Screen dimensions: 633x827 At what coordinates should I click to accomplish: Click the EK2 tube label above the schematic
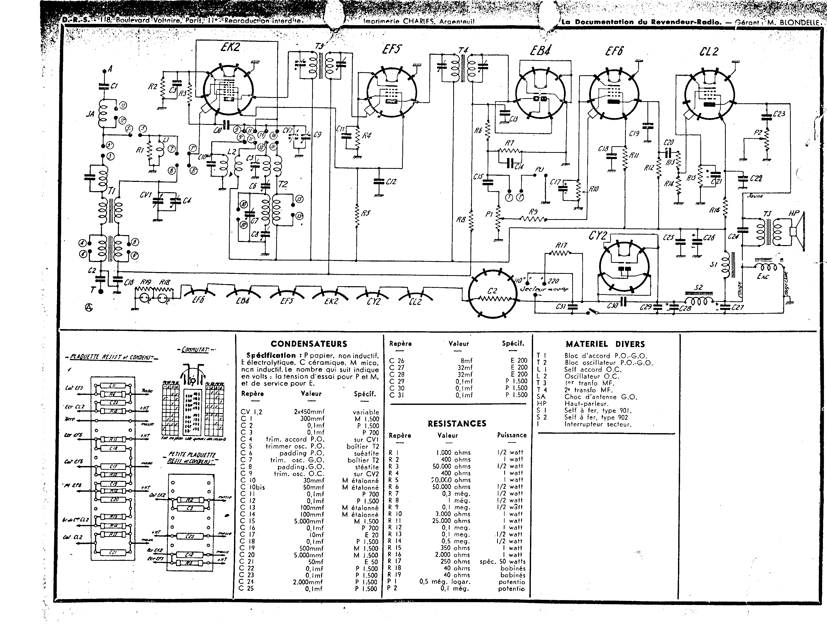(230, 48)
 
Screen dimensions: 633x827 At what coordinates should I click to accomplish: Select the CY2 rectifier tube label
(598, 236)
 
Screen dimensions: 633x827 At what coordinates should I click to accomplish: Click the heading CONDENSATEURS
(309, 344)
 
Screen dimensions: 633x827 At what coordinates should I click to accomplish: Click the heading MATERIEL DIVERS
(605, 344)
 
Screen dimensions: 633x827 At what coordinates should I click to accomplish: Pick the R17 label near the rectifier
(561, 245)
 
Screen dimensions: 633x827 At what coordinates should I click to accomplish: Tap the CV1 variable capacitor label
(146, 195)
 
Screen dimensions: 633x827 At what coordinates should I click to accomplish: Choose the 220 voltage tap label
(553, 281)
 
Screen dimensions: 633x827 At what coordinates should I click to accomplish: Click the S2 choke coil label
(698, 287)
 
